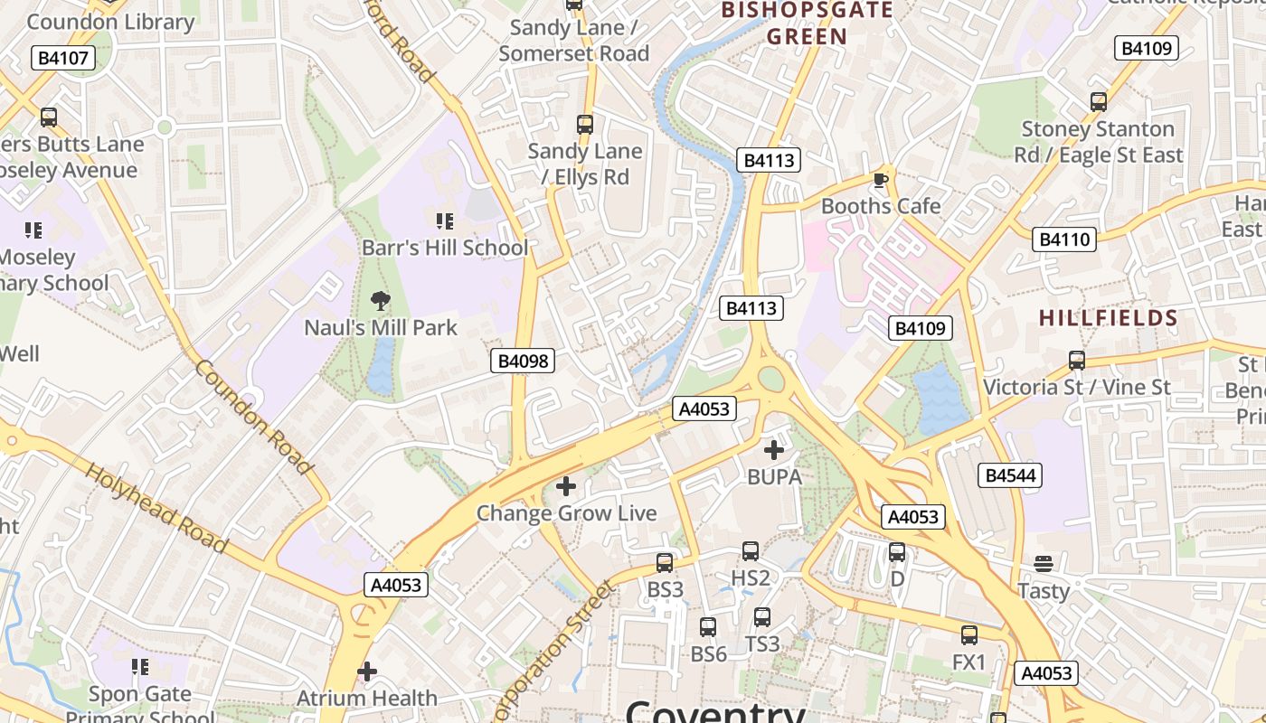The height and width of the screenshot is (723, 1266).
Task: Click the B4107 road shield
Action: (x=62, y=59)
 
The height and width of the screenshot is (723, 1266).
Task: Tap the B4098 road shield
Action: (x=523, y=361)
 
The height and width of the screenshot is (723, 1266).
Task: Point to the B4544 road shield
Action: (x=1012, y=475)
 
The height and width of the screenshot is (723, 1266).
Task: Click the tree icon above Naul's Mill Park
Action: (x=381, y=301)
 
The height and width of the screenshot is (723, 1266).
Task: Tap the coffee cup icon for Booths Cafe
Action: (x=881, y=181)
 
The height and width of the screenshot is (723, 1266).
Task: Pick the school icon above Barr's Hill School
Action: (x=444, y=221)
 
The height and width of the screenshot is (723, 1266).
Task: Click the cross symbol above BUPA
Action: (x=774, y=449)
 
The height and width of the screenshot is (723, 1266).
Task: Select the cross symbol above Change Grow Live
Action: (x=566, y=487)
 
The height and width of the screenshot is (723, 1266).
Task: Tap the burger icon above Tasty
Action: (x=1044, y=564)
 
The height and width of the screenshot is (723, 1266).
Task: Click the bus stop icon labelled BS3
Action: (x=665, y=563)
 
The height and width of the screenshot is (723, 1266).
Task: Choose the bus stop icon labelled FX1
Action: (x=969, y=635)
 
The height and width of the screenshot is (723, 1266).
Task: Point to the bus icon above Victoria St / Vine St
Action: (x=1077, y=361)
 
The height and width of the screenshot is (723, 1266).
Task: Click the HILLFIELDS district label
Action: (x=1108, y=318)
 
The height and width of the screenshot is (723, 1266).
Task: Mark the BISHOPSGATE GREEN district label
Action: (x=807, y=23)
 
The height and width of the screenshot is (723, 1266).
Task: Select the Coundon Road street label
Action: (x=252, y=417)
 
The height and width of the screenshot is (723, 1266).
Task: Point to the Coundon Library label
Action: (x=111, y=22)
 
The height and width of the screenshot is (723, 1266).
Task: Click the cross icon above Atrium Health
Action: (x=367, y=671)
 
